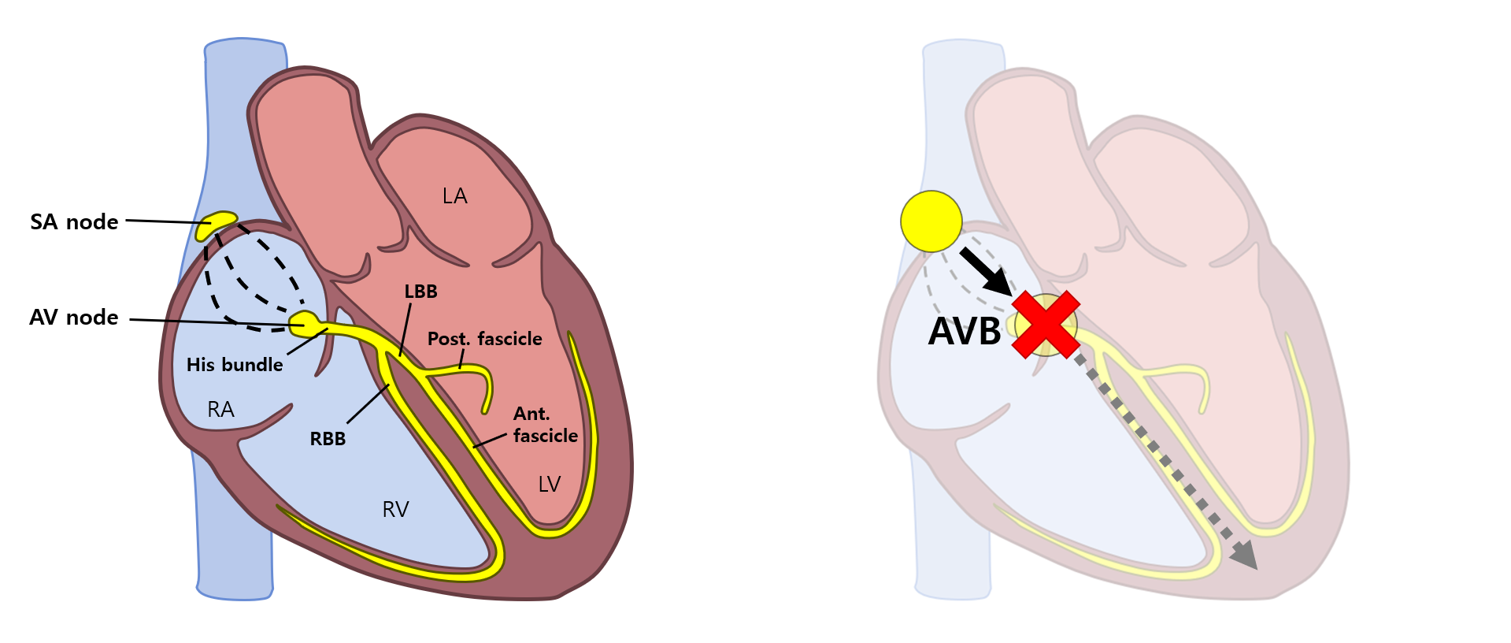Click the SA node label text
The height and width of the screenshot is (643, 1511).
(x=74, y=222)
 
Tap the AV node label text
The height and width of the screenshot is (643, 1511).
(x=74, y=318)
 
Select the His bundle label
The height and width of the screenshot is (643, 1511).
(x=235, y=365)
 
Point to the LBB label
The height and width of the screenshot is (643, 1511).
(x=420, y=292)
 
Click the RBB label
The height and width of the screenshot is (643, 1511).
(x=328, y=439)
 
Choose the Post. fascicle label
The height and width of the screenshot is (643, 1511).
(x=484, y=339)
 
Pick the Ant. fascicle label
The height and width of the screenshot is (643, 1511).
(x=545, y=425)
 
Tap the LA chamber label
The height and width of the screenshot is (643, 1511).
(x=454, y=196)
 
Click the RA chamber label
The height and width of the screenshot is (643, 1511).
(x=220, y=410)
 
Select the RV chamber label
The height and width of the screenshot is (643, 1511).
(x=395, y=510)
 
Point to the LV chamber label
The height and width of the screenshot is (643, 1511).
(x=550, y=485)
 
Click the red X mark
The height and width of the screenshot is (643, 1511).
(x=1045, y=325)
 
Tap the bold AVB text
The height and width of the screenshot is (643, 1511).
(x=965, y=332)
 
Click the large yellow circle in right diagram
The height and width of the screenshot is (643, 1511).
(x=931, y=221)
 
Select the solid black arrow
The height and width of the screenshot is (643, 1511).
(x=985, y=272)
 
